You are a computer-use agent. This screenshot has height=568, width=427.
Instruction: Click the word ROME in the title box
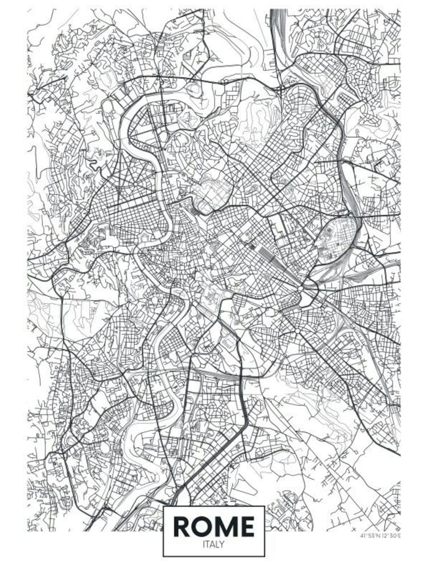(213, 527)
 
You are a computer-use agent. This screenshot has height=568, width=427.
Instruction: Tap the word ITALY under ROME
(213, 544)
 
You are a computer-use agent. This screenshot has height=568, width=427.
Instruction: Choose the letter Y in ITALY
(222, 544)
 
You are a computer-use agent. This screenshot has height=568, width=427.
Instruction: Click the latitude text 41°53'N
(370, 535)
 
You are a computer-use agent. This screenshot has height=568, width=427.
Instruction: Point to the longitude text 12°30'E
(391, 535)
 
